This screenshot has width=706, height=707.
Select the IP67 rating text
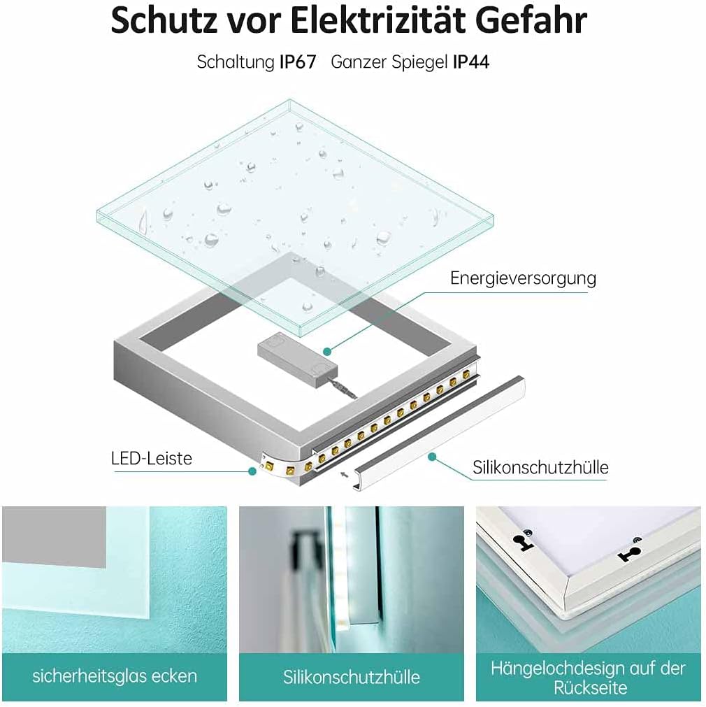click(x=302, y=62)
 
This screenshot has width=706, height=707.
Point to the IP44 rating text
click(x=471, y=62)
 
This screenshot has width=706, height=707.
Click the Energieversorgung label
click(x=523, y=278)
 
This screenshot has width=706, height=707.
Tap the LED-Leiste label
click(x=151, y=459)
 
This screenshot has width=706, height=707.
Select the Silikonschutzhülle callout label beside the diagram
click(x=540, y=467)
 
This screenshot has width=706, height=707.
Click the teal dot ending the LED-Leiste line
click(x=252, y=471)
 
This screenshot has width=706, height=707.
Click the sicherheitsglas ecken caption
click(x=115, y=676)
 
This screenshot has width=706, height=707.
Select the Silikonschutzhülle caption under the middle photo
click(x=352, y=677)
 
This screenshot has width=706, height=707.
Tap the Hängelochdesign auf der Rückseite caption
click(x=588, y=677)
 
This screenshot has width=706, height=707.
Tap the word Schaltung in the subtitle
click(x=235, y=62)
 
